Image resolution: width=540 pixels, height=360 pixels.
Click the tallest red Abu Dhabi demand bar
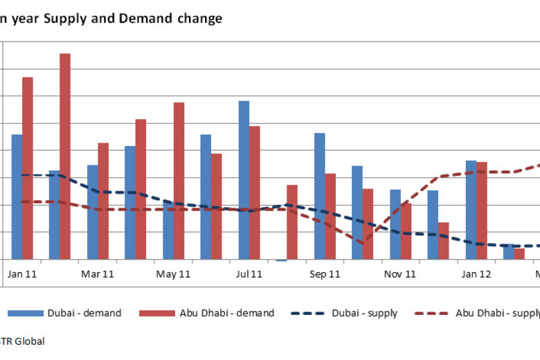[65, 156]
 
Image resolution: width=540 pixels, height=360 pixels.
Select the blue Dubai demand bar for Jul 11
[244, 180]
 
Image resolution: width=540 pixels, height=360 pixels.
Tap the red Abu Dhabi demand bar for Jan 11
[28, 168]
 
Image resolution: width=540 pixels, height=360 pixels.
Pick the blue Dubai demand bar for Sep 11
[320, 196]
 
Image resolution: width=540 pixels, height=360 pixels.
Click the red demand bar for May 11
[179, 181]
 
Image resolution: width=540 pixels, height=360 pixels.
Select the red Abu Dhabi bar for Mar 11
[103, 201]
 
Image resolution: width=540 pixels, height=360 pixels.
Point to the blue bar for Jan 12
[471, 210]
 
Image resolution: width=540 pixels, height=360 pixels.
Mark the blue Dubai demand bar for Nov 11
[395, 224]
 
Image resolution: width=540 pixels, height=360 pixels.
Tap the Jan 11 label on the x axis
[22, 274]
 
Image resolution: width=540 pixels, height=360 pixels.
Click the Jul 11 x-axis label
[249, 274]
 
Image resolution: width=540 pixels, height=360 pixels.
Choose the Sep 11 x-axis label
[325, 274]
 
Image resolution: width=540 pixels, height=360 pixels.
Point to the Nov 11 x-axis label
[400, 274]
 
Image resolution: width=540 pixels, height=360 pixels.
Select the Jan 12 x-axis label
[476, 274]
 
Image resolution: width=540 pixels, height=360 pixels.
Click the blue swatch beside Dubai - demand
[24, 314]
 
